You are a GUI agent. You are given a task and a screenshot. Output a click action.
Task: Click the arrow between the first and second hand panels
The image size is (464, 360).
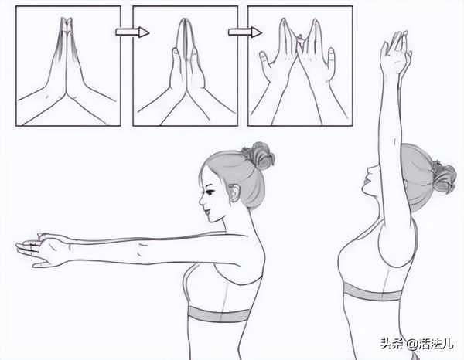[132, 32]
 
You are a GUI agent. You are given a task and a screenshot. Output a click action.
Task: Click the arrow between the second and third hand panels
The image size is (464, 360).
[244, 32]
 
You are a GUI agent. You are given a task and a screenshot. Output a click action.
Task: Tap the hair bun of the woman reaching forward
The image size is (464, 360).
[258, 156]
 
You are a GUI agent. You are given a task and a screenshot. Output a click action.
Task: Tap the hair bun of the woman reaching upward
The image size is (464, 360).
[443, 177]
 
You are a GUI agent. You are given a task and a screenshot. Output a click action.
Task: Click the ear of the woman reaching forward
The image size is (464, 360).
[234, 192]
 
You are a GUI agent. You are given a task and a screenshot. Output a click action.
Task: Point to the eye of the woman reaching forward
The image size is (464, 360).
[210, 192]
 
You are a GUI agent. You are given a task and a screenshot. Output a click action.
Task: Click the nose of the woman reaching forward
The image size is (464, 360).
[201, 199]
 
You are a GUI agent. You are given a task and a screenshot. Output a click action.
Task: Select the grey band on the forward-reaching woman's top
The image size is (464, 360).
[220, 314]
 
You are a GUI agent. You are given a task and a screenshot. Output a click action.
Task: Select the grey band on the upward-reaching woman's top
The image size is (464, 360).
[372, 292]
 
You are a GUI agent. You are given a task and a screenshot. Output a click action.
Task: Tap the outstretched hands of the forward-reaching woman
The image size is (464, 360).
[42, 250]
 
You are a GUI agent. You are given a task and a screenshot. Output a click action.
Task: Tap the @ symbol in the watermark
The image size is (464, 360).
[413, 344]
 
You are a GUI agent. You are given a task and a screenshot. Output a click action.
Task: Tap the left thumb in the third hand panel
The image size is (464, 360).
[265, 60]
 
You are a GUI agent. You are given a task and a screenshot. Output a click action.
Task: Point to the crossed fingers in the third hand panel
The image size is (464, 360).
[300, 42]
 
